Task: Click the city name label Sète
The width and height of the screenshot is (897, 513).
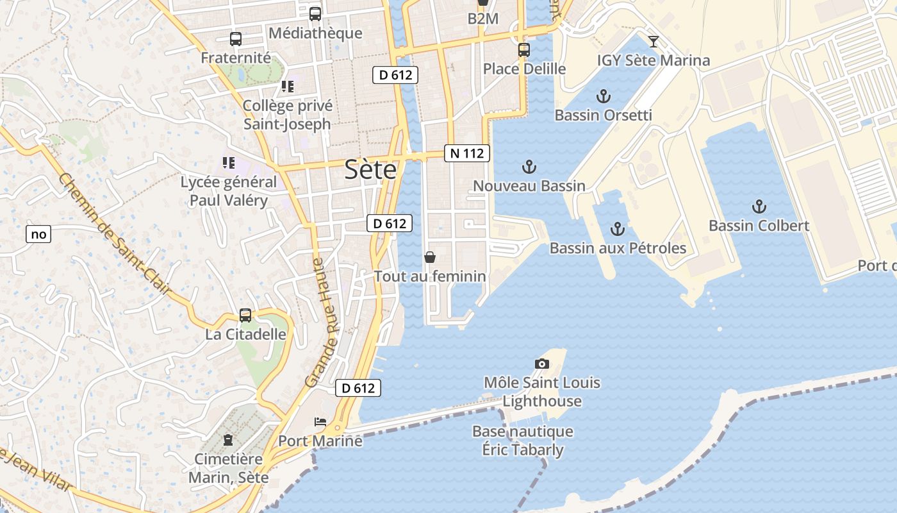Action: click(370, 170)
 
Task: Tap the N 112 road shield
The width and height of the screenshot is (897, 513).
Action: click(467, 153)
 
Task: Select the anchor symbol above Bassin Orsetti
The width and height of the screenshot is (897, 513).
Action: click(603, 97)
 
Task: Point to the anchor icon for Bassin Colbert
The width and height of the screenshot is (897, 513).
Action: click(759, 206)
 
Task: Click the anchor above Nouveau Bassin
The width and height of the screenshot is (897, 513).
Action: click(529, 167)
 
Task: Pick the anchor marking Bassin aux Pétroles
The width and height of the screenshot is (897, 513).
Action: click(617, 229)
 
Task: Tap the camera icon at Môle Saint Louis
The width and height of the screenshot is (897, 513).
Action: click(541, 364)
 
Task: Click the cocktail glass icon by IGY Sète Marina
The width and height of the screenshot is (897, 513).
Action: click(653, 42)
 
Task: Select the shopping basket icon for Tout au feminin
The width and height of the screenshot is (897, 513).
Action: click(430, 257)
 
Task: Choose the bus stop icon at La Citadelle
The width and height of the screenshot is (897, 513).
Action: click(245, 315)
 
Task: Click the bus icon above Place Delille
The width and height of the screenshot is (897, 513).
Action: click(524, 49)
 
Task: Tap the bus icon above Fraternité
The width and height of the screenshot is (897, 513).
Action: click(236, 39)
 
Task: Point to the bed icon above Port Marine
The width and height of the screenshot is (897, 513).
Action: click(320, 422)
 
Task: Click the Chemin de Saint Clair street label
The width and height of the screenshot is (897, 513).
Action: click(115, 234)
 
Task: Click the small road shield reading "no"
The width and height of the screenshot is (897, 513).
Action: click(38, 234)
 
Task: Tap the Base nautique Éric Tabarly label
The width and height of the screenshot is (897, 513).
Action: click(523, 441)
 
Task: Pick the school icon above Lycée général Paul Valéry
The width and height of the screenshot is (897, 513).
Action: click(229, 163)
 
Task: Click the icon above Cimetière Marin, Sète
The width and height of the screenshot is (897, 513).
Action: click(228, 440)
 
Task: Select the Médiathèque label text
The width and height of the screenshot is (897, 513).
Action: click(315, 33)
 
